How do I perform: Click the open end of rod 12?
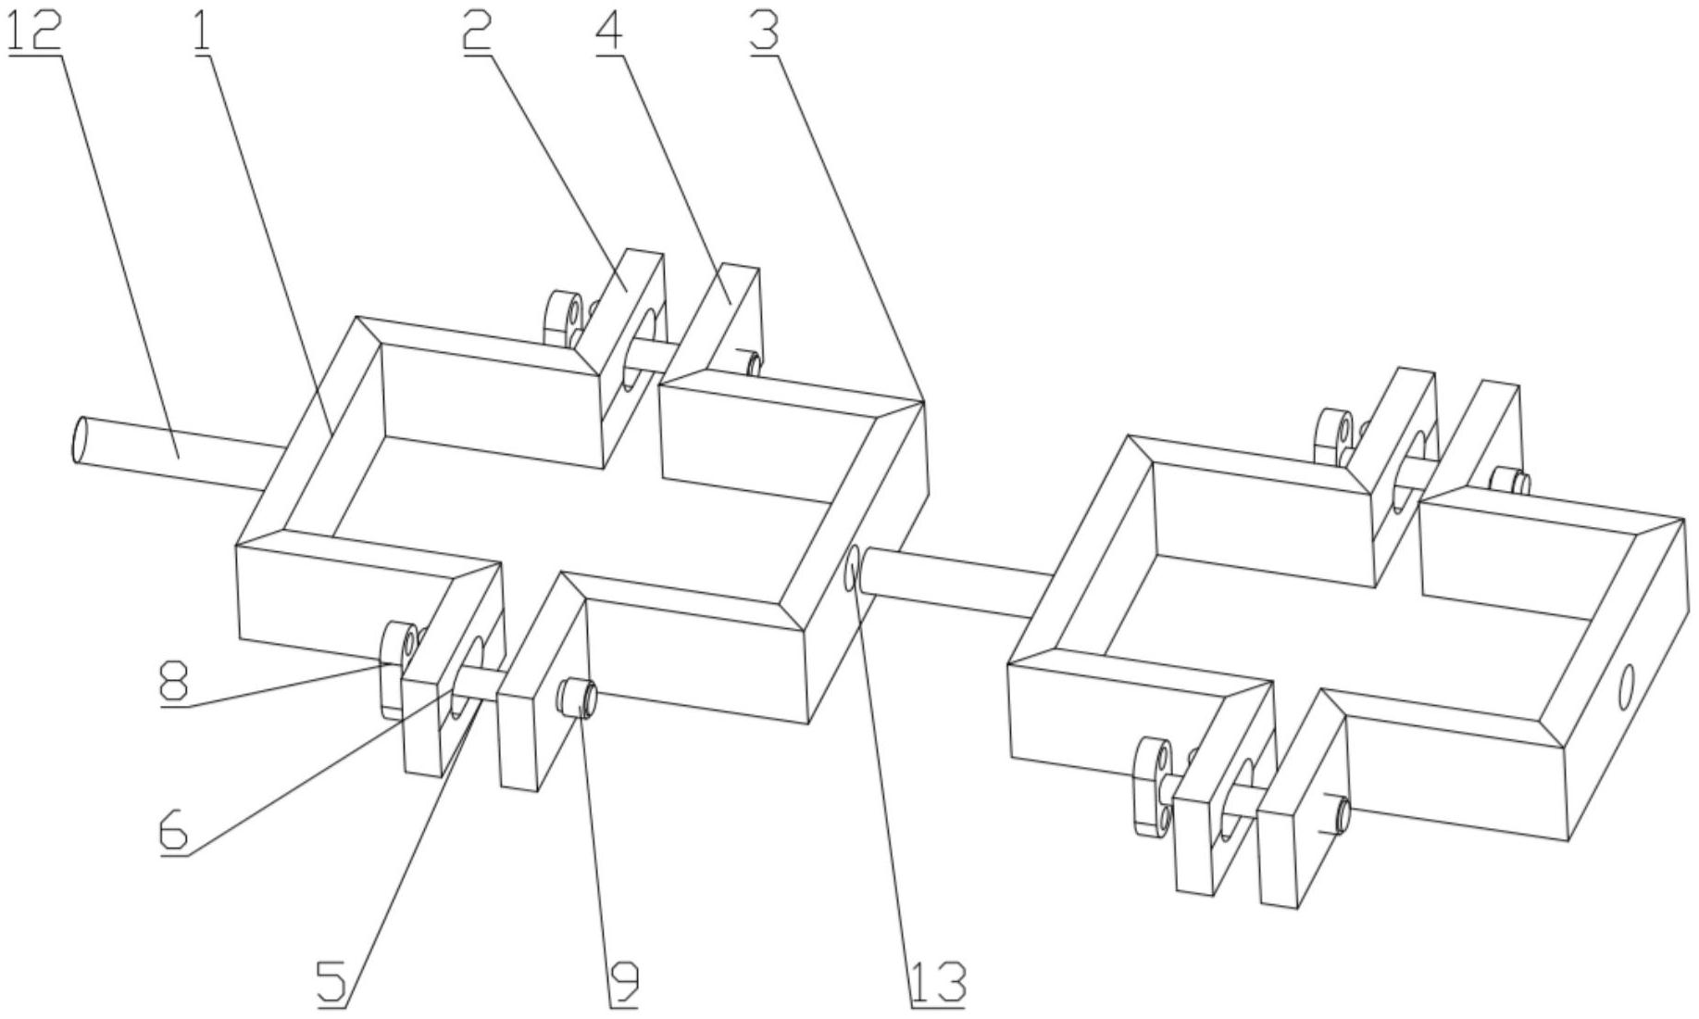tap(81, 440)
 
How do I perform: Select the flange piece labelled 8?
tap(398, 669)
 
